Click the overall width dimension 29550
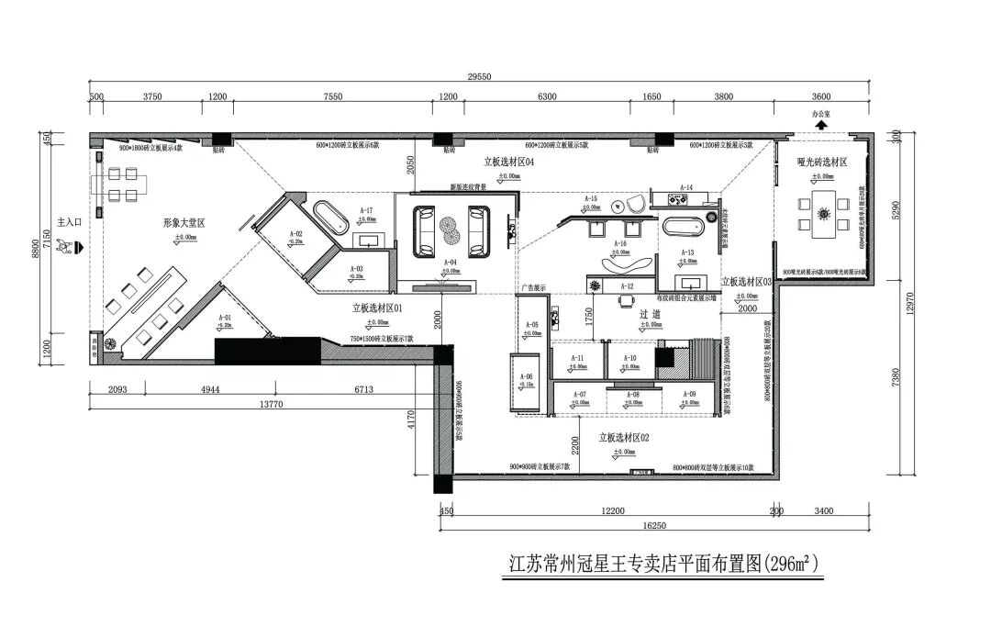tap(479, 77)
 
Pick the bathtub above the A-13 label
tap(683, 227)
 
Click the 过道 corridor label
tap(650, 314)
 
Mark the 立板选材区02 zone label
tap(624, 439)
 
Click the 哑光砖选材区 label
tap(821, 162)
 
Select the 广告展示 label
tap(532, 287)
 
